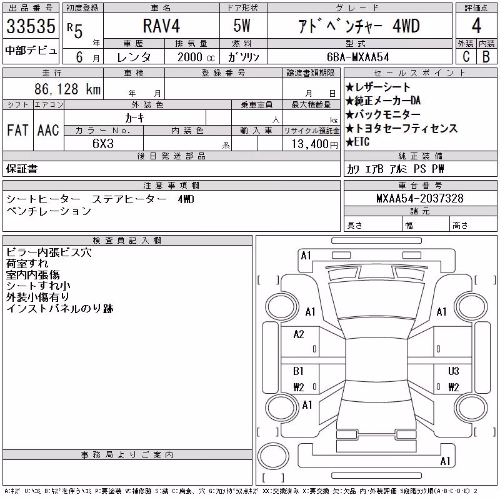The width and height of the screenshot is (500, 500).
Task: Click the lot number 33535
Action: (x=31, y=26)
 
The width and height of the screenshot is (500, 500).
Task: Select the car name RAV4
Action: (x=161, y=26)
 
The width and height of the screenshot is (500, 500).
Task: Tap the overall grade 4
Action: (x=476, y=26)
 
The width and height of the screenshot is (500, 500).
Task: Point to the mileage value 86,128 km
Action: (x=67, y=89)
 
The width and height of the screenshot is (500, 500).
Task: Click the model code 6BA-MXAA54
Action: (x=357, y=57)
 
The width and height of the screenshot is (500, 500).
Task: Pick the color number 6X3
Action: (x=103, y=144)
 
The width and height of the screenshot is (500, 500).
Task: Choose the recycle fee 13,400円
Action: (x=315, y=144)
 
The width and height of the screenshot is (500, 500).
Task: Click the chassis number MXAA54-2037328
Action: (x=419, y=198)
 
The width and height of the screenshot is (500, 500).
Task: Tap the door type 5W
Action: (x=242, y=26)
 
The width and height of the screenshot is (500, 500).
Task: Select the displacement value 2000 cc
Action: (x=196, y=57)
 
